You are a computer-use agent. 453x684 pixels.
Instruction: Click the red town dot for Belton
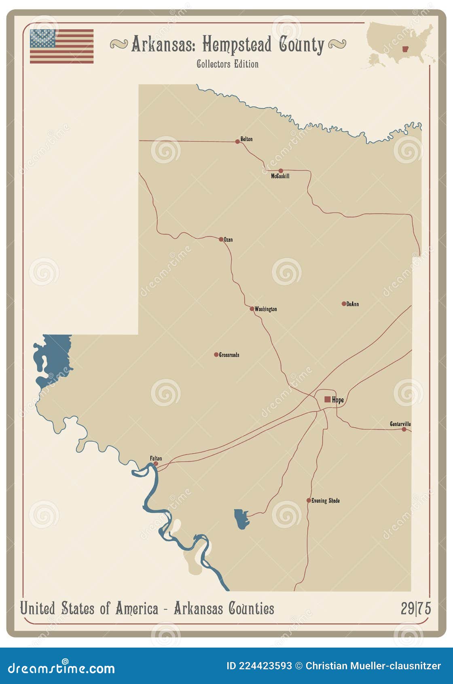(237, 142)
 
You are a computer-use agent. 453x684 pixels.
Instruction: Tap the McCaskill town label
(280, 176)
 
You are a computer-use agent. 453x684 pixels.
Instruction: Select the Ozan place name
(228, 240)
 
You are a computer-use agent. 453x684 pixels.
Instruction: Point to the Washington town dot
(252, 309)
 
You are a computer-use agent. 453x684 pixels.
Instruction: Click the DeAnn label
(352, 304)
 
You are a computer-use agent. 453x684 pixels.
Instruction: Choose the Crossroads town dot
(216, 355)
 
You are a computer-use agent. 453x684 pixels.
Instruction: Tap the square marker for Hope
(327, 399)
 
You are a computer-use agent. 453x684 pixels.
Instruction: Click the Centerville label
(400, 424)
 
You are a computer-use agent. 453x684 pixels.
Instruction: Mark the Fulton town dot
(156, 464)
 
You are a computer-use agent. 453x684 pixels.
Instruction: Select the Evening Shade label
(325, 501)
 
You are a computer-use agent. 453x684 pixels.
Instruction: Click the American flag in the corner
(61, 46)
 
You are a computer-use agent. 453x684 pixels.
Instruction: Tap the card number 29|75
(416, 608)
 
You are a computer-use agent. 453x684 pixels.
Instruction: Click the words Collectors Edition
(227, 64)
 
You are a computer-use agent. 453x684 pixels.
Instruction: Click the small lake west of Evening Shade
(241, 519)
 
